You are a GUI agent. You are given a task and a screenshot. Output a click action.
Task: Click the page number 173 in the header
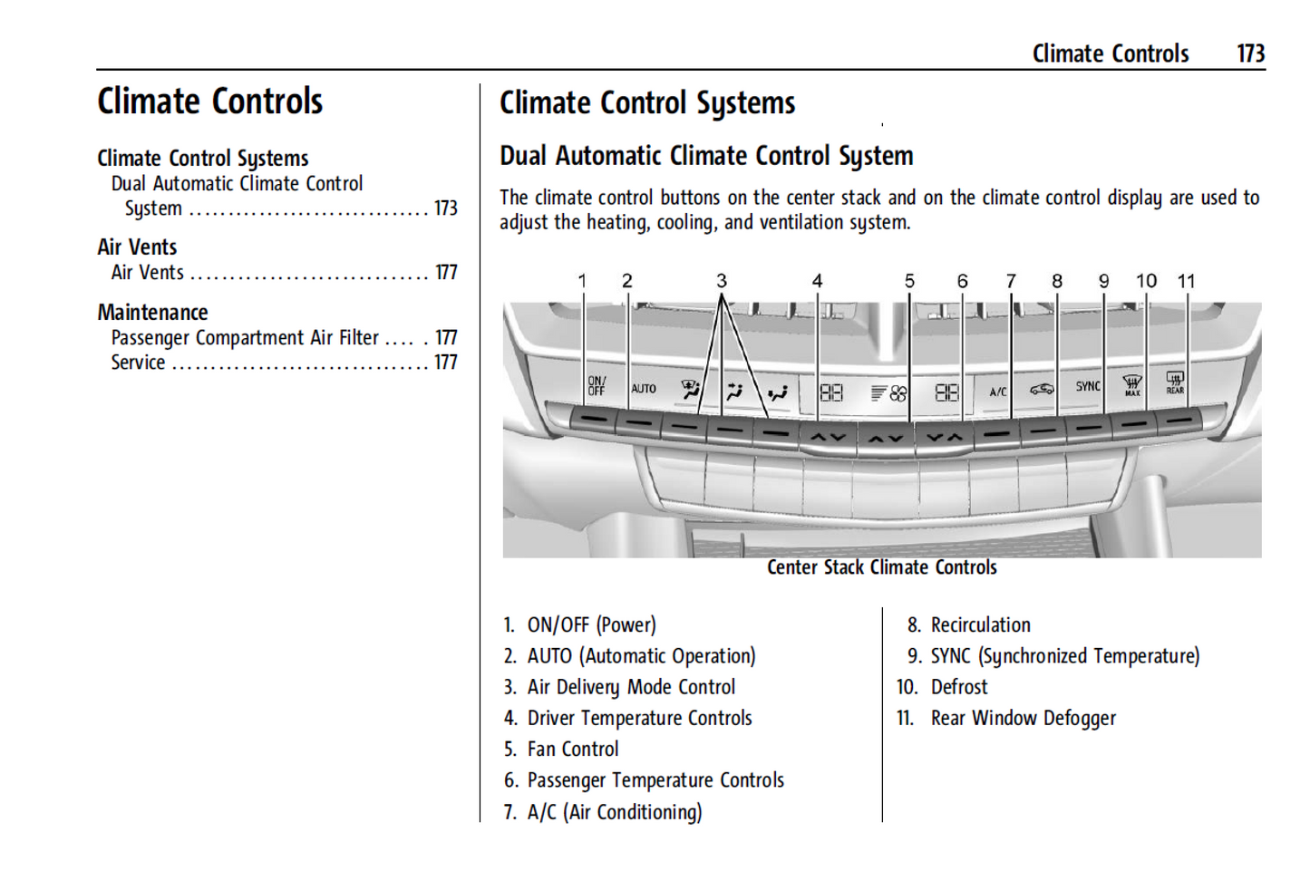(x=1250, y=53)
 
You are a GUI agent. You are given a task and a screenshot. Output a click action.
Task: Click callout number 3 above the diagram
(x=721, y=281)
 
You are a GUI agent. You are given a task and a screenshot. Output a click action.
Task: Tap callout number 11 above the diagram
(x=1186, y=281)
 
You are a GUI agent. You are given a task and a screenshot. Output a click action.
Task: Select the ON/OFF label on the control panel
(x=596, y=386)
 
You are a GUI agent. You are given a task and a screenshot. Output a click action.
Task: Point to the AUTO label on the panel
(x=644, y=389)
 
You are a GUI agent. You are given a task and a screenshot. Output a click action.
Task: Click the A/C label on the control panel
(x=997, y=392)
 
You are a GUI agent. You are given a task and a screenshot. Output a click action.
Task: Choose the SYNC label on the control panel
(x=1088, y=386)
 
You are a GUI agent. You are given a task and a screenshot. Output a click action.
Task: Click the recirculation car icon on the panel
(x=1042, y=389)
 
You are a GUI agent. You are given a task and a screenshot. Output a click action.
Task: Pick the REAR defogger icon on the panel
(x=1175, y=382)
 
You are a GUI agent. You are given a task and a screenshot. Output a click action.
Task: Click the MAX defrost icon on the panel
(x=1132, y=385)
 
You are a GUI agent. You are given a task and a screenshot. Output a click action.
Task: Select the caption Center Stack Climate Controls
(x=881, y=567)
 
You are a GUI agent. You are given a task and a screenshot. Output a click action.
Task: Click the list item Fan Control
(x=573, y=750)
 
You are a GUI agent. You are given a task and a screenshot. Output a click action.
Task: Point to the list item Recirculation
(x=980, y=625)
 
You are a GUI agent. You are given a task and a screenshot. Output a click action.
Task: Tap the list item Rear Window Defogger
(x=1023, y=719)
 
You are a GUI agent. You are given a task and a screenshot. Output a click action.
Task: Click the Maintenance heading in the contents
(x=152, y=313)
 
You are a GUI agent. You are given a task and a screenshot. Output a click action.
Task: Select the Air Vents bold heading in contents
(x=137, y=247)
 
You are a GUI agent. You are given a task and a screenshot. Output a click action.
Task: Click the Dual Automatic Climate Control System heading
(x=706, y=156)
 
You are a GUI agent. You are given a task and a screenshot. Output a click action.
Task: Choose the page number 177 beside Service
(x=445, y=363)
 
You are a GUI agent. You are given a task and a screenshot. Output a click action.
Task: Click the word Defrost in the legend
(x=958, y=687)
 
